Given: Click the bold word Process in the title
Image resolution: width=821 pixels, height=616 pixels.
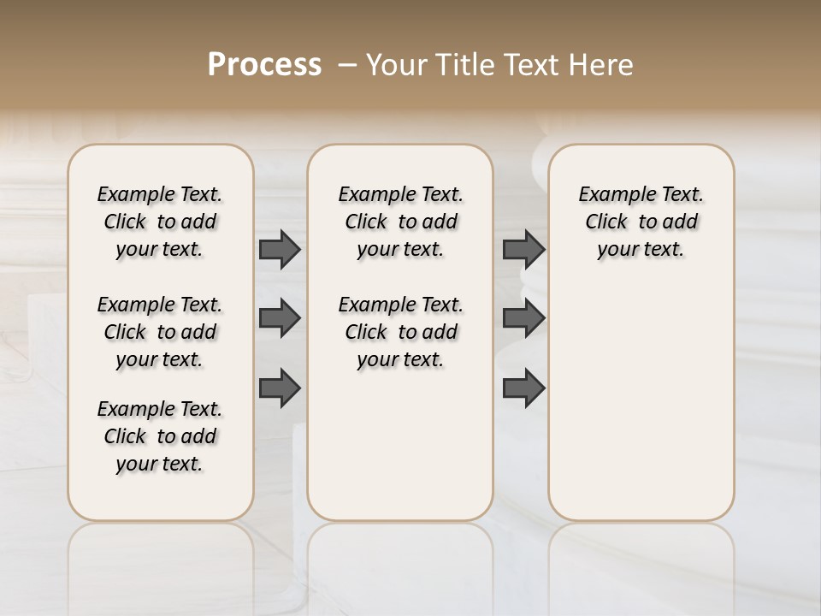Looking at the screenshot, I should coord(264,65).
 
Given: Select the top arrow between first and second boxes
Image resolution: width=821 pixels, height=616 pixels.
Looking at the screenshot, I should coord(280,249).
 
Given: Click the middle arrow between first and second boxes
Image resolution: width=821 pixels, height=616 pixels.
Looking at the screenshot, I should coord(280,318).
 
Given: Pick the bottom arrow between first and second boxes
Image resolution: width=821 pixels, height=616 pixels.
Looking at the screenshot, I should coord(280,388).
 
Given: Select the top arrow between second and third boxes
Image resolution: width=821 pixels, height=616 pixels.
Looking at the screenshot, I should coord(523,249).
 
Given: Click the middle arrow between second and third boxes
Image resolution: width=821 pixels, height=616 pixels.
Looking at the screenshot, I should coord(523,318).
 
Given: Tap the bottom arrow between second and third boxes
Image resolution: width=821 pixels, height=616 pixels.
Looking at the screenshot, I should coord(523,388).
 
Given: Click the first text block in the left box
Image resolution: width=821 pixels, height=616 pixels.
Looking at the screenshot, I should coord(160,222).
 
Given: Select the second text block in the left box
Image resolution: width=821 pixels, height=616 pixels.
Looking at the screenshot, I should coord(160,332).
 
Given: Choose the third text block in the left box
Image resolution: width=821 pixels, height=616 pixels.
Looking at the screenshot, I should coord(160,436).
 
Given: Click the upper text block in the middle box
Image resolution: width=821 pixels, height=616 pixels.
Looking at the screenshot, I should coord(400,222).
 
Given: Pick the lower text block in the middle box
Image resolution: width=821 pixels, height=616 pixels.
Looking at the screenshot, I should coord(400,332).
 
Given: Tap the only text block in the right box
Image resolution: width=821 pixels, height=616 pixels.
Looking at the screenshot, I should coord(641,222).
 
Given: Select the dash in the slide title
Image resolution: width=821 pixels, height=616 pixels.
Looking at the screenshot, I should coord(347,65).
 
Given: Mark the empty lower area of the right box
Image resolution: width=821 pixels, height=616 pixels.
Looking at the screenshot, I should coord(641,402).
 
